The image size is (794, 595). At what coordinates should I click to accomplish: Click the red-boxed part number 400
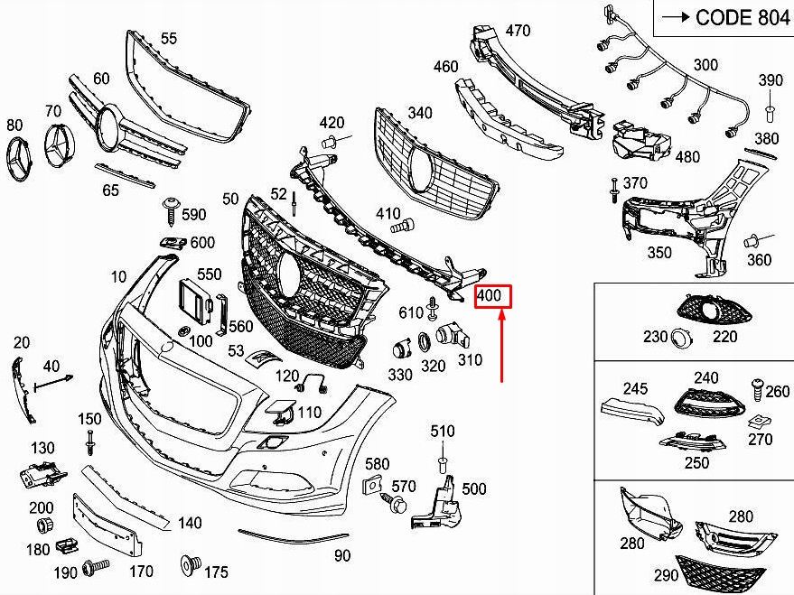tap(493, 296)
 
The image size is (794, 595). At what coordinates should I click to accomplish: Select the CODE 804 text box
tap(722, 17)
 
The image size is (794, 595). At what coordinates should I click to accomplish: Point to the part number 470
tap(518, 31)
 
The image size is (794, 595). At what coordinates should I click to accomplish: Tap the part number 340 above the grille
tap(420, 113)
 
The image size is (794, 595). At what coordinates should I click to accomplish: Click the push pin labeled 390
tap(770, 112)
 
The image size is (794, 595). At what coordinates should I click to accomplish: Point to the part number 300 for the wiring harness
tap(705, 65)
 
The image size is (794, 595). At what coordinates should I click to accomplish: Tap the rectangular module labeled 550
tap(192, 299)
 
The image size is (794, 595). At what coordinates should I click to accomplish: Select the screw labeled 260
tap(756, 388)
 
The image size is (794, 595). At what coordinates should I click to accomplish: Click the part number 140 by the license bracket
tap(190, 523)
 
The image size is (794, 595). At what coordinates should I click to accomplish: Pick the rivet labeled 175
tap(190, 564)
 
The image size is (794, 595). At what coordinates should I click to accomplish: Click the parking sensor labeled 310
tap(448, 338)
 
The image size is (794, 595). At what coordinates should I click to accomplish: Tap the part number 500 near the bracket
tap(474, 489)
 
